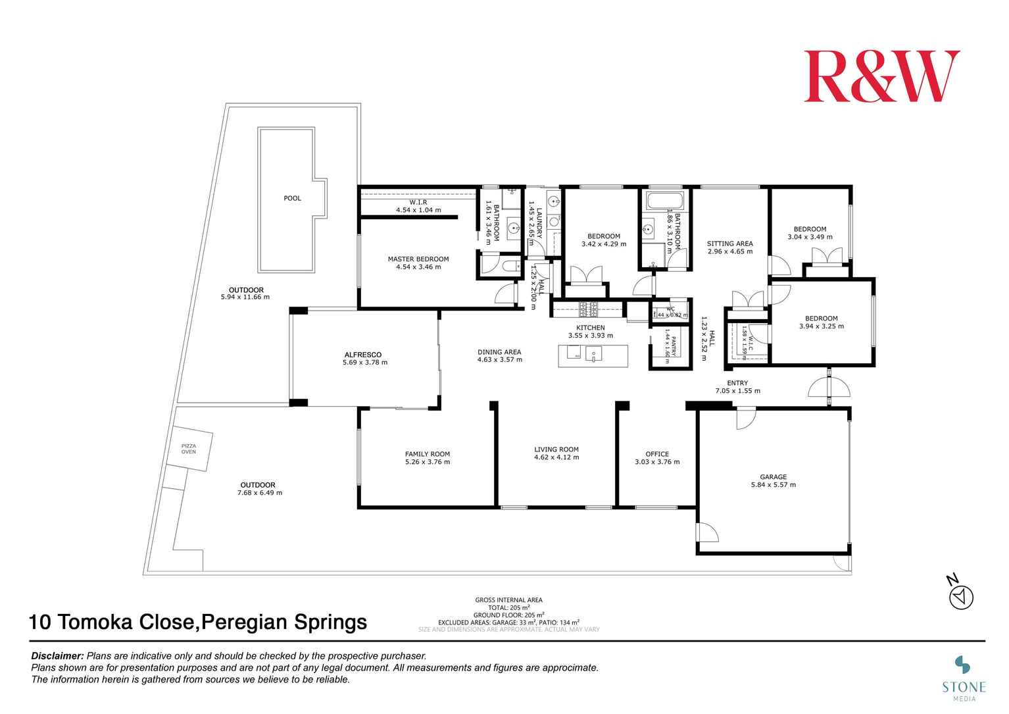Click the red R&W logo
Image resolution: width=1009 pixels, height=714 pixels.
(x=881, y=76)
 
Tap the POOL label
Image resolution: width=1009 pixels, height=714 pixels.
(x=292, y=198)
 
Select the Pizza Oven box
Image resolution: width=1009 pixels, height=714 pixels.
(x=189, y=449)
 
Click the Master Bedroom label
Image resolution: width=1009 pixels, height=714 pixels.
(x=418, y=259)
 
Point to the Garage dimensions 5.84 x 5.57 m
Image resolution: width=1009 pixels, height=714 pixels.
(x=773, y=485)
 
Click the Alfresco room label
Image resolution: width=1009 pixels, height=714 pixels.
(x=362, y=355)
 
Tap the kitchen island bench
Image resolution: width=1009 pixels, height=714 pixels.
(x=593, y=355)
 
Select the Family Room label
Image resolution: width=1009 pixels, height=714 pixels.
(x=428, y=454)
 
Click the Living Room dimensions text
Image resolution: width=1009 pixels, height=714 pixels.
(x=556, y=457)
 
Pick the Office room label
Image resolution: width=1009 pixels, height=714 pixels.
(x=657, y=454)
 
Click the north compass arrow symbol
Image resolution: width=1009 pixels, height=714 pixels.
(x=962, y=598)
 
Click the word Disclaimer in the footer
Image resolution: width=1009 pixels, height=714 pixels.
(x=58, y=656)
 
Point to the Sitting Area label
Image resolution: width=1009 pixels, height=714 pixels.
(x=730, y=243)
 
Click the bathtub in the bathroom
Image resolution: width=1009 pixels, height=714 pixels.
(x=665, y=201)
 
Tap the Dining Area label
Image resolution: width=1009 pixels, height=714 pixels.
(x=499, y=352)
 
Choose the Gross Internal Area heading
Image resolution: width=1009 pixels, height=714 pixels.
(x=508, y=600)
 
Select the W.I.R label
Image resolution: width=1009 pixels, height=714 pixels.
(x=418, y=202)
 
